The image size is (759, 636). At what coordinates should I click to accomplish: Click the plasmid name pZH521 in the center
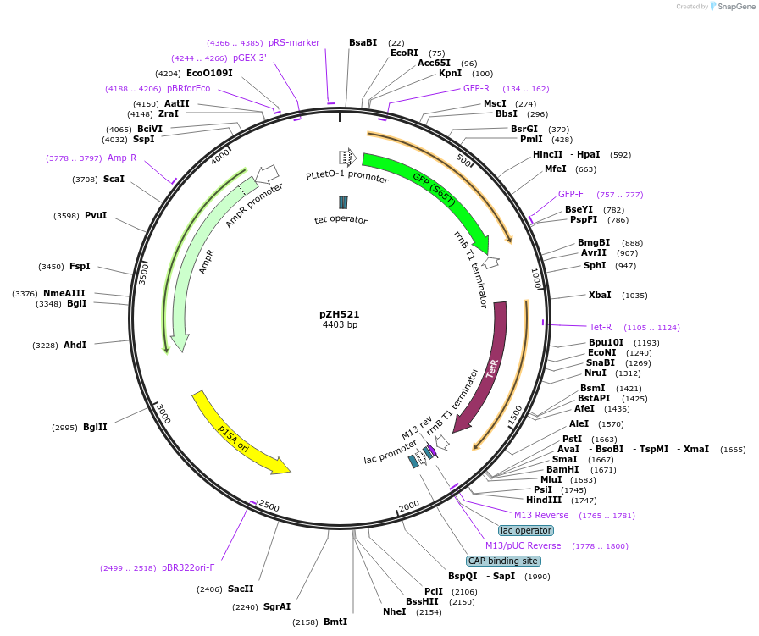tap(340, 313)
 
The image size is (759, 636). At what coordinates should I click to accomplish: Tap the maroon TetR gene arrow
tap(490, 364)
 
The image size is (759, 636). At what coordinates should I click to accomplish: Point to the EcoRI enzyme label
tap(404, 53)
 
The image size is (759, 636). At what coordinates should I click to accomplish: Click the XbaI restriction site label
tap(600, 296)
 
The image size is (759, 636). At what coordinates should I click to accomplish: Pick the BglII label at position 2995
tap(95, 428)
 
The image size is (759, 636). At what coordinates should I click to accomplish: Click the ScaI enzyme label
tap(114, 180)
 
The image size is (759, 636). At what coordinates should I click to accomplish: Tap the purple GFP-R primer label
tap(476, 88)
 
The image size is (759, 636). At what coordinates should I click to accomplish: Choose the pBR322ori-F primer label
tap(188, 568)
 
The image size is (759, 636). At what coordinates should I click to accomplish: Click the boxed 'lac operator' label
tap(526, 530)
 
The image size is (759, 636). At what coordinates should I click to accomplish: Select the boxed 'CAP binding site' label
tap(502, 561)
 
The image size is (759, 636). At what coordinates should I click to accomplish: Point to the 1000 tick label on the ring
tap(535, 279)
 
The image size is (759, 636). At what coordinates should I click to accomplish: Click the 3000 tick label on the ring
tap(163, 413)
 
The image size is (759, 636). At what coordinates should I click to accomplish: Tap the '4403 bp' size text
tap(340, 324)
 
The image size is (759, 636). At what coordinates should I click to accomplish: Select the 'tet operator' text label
tap(341, 220)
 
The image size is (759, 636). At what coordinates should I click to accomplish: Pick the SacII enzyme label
tap(241, 589)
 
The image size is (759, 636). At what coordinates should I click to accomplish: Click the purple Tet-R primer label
tap(601, 327)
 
